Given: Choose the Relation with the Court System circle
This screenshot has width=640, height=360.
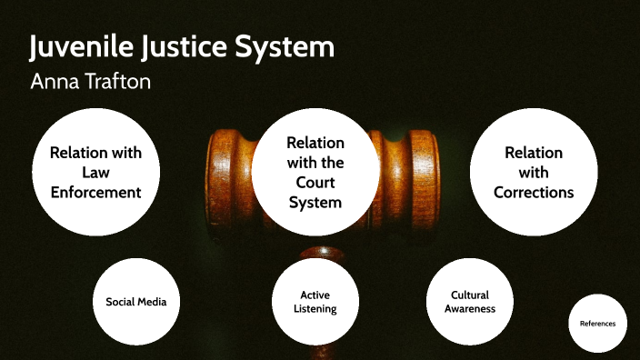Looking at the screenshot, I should tap(315, 172).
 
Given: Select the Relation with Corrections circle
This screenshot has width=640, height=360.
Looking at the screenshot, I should tap(534, 172).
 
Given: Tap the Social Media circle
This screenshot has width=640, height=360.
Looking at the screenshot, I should tap(136, 302).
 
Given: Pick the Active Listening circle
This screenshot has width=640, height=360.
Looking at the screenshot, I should tap(315, 302).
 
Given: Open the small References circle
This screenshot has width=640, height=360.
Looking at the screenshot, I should tap(597, 324).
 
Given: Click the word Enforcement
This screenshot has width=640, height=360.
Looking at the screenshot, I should tap(95, 192).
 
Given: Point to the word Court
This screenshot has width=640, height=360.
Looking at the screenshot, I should tap(315, 182).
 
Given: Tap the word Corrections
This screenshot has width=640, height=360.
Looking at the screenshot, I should tap(534, 192).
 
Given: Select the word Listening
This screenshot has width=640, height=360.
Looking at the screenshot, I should tap(315, 309).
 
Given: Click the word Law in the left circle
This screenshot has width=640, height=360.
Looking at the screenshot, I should tap(95, 172).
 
